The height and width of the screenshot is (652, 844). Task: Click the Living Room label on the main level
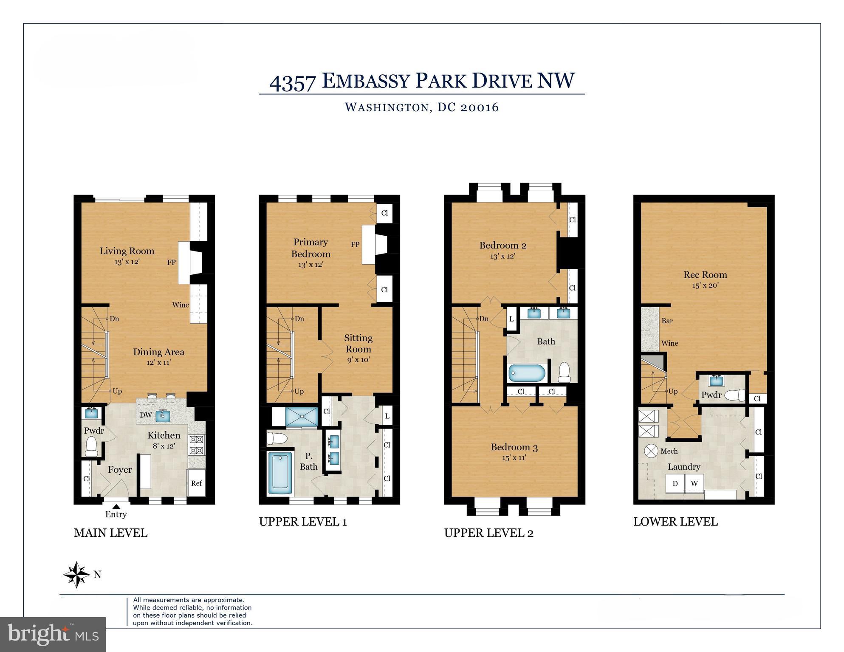127,251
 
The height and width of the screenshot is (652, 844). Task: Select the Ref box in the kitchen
196,483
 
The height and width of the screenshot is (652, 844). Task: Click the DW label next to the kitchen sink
146,415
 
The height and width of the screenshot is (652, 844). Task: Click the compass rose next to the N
76,575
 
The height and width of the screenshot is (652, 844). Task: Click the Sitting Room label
358,343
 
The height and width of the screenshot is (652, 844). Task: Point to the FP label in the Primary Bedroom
355,245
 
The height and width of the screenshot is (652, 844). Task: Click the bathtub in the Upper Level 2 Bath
527,373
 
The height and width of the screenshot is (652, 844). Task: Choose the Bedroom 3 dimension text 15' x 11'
514,457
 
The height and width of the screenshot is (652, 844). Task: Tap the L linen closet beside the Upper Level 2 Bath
511,319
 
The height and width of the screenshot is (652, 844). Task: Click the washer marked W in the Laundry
694,483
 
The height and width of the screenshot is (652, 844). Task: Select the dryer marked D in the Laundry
675,483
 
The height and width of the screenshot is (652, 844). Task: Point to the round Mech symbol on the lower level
651,451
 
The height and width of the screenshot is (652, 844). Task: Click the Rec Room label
705,275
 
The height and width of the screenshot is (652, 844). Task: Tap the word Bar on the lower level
667,321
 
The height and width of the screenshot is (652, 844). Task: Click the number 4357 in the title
293,82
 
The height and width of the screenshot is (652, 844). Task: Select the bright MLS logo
53,634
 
